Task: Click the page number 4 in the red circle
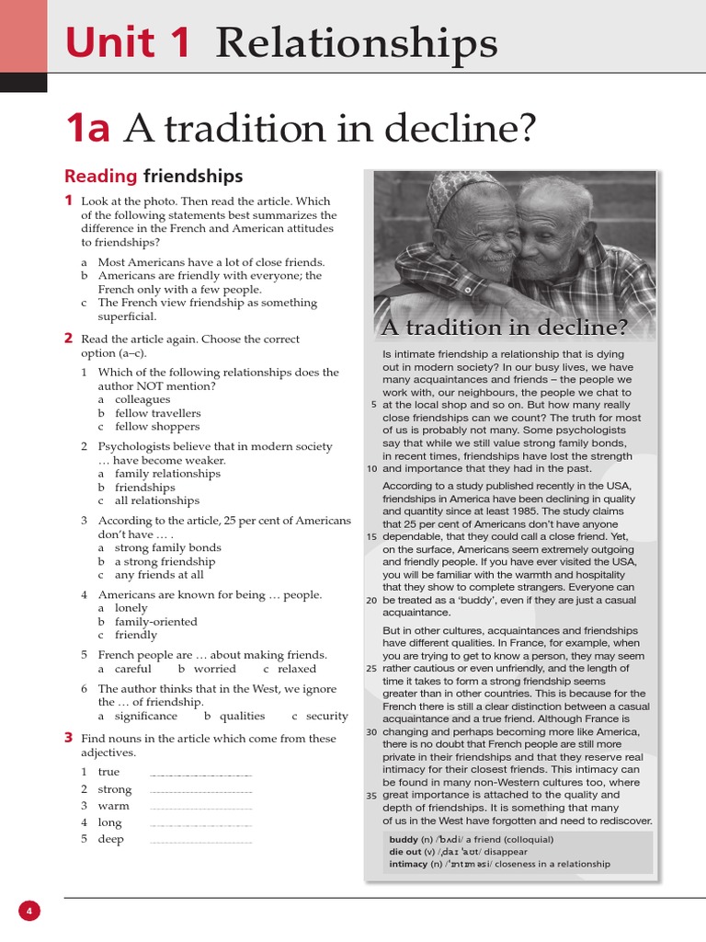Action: tap(29, 912)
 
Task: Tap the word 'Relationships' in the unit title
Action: tap(357, 42)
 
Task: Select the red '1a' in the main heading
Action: tap(87, 129)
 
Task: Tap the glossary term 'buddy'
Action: tap(403, 839)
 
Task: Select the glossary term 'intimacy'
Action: tap(408, 864)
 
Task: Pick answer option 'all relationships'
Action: tap(157, 500)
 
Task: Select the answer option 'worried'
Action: tap(215, 669)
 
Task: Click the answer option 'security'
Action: tap(327, 716)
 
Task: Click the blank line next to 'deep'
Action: tap(200, 839)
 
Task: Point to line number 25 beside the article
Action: tap(371, 669)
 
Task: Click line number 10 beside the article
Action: tap(371, 468)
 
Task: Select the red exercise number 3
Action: tap(68, 738)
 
